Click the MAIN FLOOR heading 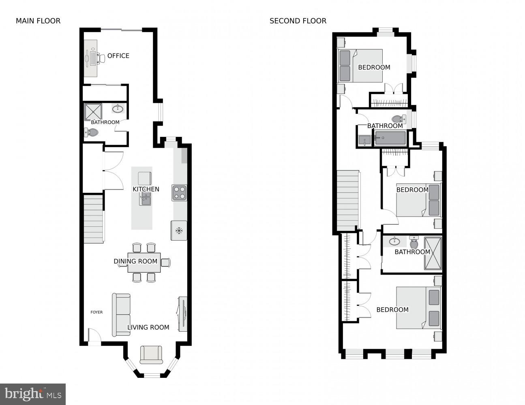click(x=38, y=21)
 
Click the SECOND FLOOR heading click(x=298, y=21)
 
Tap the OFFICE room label click(x=118, y=56)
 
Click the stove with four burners click(x=179, y=193)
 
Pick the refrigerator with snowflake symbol click(x=179, y=230)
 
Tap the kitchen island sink click(x=145, y=198)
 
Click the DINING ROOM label click(x=135, y=261)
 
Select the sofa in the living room click(x=121, y=315)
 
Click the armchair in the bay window click(x=151, y=354)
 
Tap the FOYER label click(x=96, y=312)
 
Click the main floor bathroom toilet click(x=92, y=132)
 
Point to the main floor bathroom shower click(x=93, y=112)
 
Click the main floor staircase click(x=94, y=219)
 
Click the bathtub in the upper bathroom click(x=390, y=138)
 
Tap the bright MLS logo click(x=33, y=394)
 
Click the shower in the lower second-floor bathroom click(x=433, y=254)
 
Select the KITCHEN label click(x=146, y=189)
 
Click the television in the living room click(x=182, y=314)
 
